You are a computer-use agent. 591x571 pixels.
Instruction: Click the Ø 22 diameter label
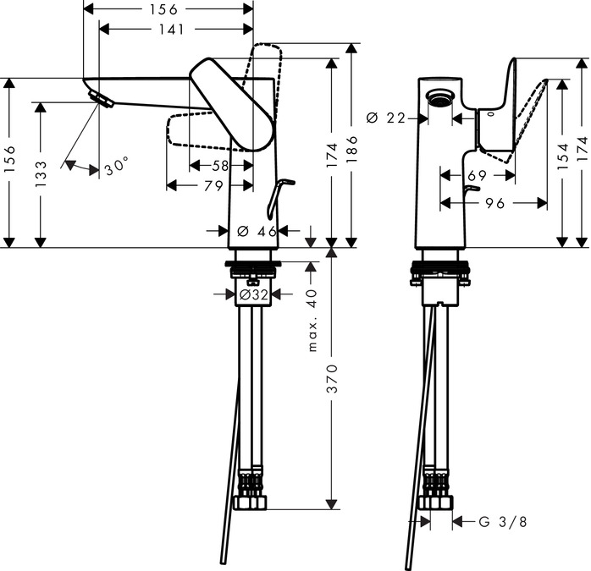point(386,118)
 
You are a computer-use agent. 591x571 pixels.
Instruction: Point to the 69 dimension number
point(477,175)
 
